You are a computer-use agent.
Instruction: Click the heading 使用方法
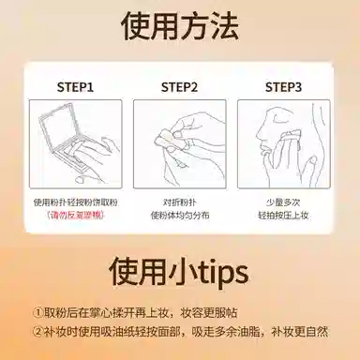180,25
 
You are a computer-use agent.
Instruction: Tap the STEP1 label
75,87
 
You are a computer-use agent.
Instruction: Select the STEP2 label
179,87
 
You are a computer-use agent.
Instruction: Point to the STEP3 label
283,87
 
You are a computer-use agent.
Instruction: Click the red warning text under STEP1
75,215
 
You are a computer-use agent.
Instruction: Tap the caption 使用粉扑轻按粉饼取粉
75,202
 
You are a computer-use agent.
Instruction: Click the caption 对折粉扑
180,202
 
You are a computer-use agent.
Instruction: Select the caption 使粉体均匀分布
180,216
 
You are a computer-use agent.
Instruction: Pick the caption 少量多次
283,202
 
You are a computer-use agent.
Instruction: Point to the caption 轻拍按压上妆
283,216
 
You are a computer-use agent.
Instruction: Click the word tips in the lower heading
221,273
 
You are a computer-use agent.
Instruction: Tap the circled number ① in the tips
37,313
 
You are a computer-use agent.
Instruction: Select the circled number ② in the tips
37,332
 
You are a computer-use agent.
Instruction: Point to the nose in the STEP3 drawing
259,134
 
